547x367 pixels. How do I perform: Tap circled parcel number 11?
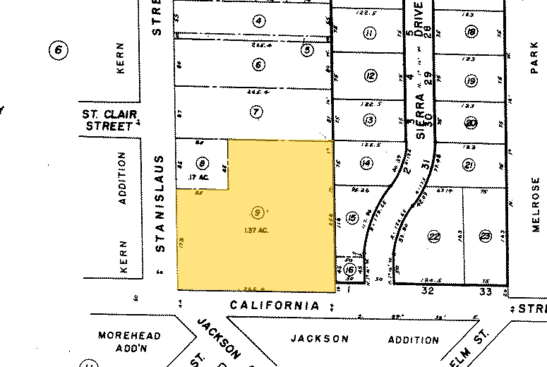[x=368, y=32]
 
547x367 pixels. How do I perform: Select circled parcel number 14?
[x=366, y=164]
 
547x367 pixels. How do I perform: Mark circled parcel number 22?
[x=434, y=236]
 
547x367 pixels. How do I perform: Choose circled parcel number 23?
[x=485, y=236]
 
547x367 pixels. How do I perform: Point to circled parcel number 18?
[x=471, y=32]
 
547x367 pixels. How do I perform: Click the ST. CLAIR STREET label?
[x=109, y=120]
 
